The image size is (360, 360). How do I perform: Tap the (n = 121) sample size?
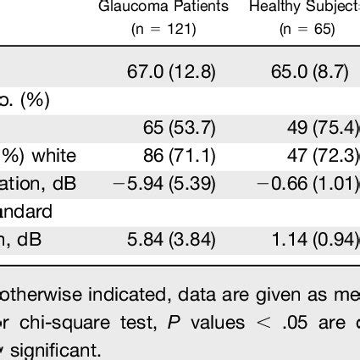[x=163, y=29]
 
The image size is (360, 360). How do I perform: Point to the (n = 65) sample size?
[x=307, y=29]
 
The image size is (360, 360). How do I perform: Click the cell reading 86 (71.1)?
[x=180, y=155]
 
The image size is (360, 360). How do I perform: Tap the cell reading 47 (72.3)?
[x=323, y=155]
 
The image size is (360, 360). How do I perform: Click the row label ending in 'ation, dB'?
[x=33, y=182]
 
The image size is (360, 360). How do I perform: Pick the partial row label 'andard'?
[x=25, y=210]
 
